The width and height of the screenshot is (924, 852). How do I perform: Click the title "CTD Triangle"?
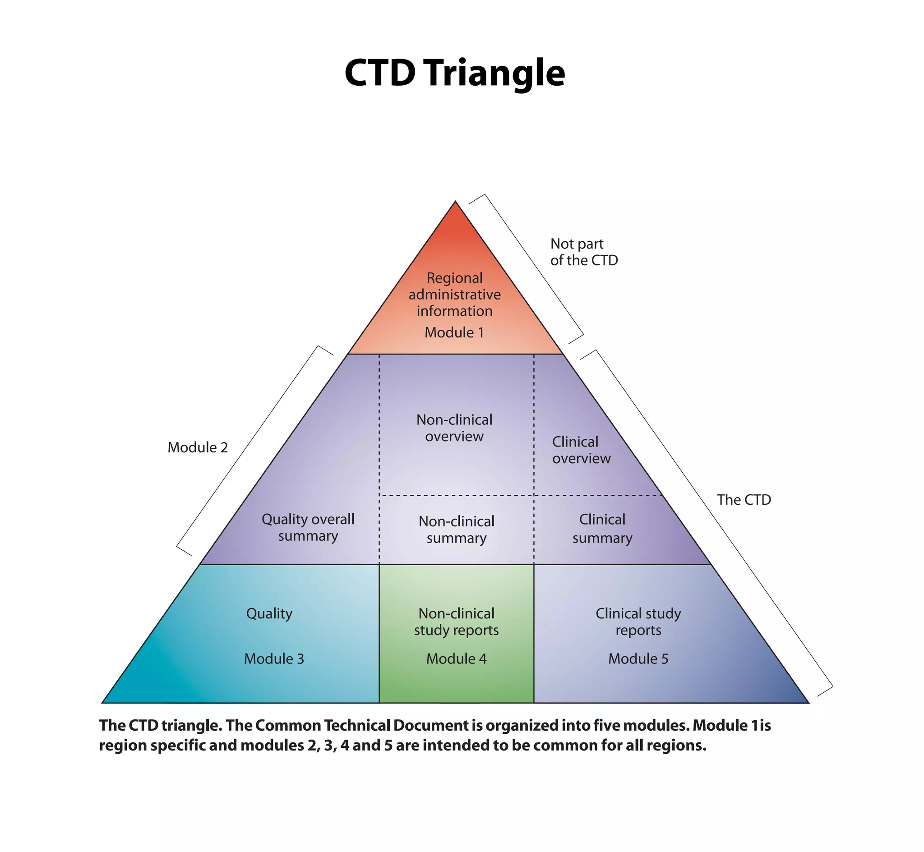click(x=455, y=74)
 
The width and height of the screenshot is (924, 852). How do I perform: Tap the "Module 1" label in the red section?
click(x=454, y=332)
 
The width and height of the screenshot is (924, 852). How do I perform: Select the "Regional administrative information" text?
click(x=455, y=295)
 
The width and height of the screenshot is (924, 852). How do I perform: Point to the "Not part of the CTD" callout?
click(x=584, y=252)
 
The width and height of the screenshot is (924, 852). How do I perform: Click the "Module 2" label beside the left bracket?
click(x=198, y=447)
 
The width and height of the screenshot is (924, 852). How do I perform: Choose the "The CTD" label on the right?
click(x=744, y=500)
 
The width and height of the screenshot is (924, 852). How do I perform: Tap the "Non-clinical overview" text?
click(x=454, y=428)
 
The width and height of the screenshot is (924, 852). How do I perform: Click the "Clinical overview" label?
click(x=581, y=450)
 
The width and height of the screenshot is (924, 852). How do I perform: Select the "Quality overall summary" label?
click(x=308, y=527)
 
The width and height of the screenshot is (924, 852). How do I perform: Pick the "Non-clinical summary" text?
click(x=457, y=530)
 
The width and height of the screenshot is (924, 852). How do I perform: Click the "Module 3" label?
click(x=274, y=659)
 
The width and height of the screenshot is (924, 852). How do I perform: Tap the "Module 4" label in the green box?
click(x=457, y=659)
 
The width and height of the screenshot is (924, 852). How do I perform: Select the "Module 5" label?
click(x=638, y=659)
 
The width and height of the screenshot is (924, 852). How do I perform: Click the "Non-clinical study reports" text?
click(x=457, y=622)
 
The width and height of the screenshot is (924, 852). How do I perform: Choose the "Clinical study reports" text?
click(x=638, y=622)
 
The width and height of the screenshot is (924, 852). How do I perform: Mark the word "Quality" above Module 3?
click(x=269, y=614)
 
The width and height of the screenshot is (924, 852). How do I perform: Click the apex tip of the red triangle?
click(x=456, y=203)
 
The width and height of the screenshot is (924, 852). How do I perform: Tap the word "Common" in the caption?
click(x=288, y=725)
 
